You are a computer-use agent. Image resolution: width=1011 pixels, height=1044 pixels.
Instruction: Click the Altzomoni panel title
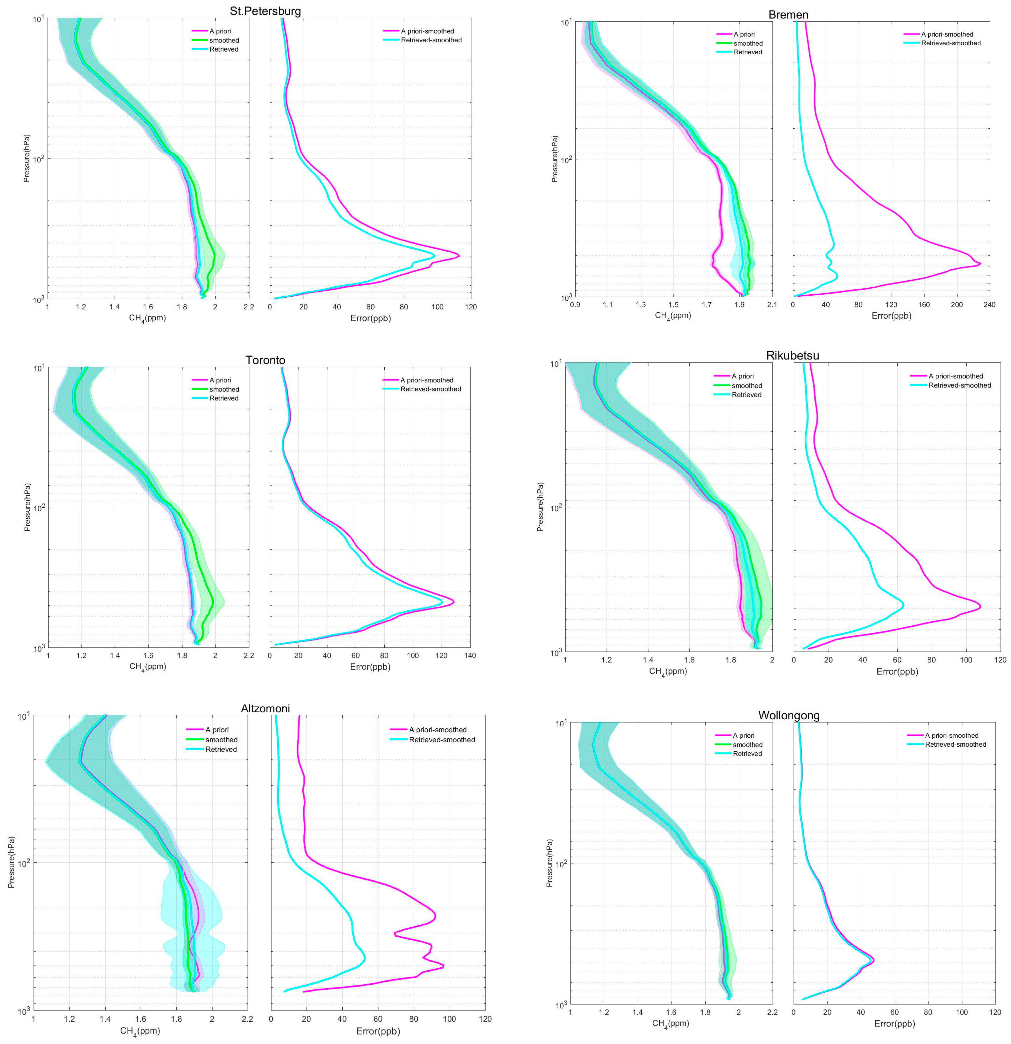tap(265, 708)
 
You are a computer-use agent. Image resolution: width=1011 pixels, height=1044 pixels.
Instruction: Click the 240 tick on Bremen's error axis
tap(989, 305)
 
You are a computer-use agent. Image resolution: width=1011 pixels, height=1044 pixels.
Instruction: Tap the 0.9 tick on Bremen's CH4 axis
tap(575, 305)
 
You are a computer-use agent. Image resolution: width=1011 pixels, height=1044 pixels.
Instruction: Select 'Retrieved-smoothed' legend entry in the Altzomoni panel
tap(442, 740)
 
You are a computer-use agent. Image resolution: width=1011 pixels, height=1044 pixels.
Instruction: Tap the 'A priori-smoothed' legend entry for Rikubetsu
tap(956, 376)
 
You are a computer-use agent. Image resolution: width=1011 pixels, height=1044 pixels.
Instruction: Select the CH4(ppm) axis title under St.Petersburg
tap(148, 319)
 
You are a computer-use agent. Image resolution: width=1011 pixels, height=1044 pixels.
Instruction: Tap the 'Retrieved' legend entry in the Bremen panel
tap(747, 52)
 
